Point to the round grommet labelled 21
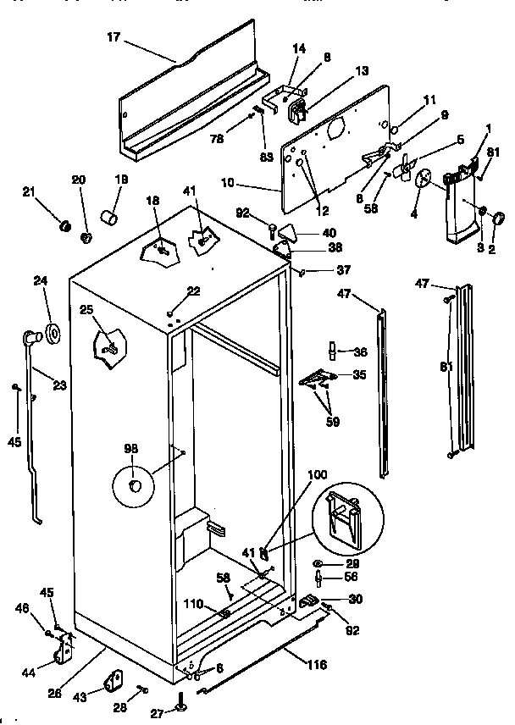[63, 226]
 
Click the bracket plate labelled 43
[113, 680]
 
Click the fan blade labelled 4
[421, 177]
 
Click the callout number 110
[195, 605]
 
